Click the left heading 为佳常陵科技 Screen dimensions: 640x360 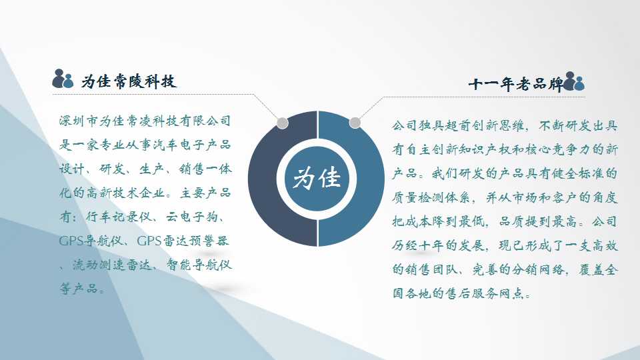coord(129,81)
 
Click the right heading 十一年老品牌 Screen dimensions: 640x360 coord(515,84)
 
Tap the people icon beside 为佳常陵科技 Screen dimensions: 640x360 coord(63,79)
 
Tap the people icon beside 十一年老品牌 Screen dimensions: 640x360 coord(573,81)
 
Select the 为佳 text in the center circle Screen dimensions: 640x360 coord(317,179)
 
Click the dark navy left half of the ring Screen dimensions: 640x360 coord(262,179)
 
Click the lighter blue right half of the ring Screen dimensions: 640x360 coord(371,179)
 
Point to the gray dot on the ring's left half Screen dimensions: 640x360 coord(282,123)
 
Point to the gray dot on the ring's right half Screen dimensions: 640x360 coord(355,123)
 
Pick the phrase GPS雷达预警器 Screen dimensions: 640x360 coord(183,241)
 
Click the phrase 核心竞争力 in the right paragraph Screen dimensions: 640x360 coord(558,149)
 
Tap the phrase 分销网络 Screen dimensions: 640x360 coord(539,270)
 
